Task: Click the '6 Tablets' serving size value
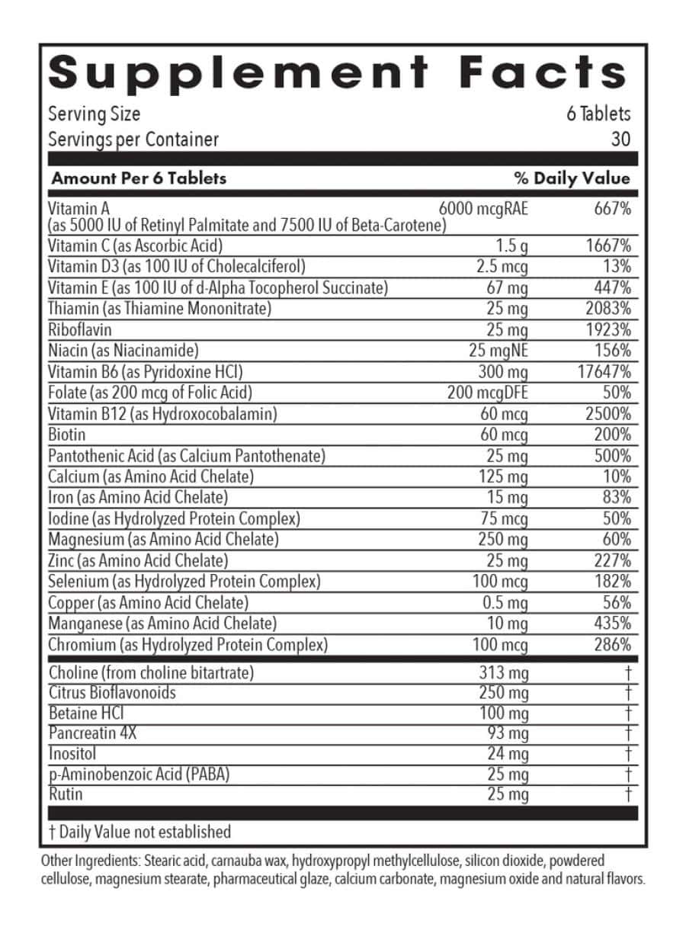tap(598, 114)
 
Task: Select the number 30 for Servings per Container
tap(620, 139)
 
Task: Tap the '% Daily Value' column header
tap(572, 178)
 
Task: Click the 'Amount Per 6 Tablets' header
tap(139, 178)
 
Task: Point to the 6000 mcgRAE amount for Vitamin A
tap(483, 209)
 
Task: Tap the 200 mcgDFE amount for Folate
tap(487, 393)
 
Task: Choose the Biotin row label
tap(67, 435)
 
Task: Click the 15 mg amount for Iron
tap(508, 498)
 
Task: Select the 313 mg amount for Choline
tap(504, 673)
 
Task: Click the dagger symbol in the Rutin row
tap(628, 795)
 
